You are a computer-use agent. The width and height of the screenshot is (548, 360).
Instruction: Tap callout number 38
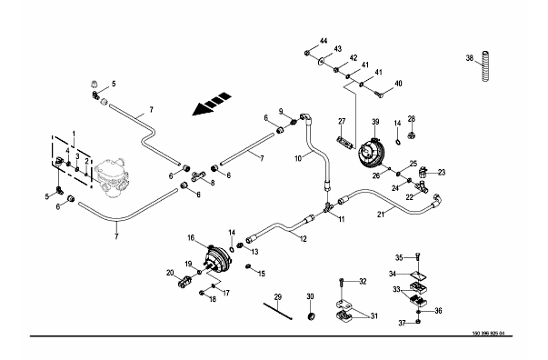[x=470, y=58]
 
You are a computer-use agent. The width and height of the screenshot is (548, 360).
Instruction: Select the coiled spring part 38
[x=485, y=66]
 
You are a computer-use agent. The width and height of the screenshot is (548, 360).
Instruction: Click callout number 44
[x=324, y=41]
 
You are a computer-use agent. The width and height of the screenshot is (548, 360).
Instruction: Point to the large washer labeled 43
[x=321, y=62]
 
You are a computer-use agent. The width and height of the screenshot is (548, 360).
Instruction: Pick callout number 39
[x=375, y=122]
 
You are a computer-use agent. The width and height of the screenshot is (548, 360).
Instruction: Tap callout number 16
[x=191, y=238]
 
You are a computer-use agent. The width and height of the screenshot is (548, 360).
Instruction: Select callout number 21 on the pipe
[x=381, y=215]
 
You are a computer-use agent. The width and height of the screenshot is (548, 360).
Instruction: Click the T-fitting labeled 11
[x=328, y=208]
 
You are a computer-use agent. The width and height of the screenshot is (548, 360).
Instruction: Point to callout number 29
[x=278, y=297]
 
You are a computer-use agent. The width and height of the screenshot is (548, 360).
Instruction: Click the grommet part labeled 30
[x=312, y=316]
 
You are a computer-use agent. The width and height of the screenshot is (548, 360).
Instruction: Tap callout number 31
[x=374, y=316]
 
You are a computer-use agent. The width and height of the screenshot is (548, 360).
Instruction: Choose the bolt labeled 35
[x=418, y=257]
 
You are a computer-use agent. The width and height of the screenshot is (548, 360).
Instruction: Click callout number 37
[x=402, y=324]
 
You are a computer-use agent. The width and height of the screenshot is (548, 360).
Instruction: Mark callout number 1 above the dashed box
[x=74, y=134]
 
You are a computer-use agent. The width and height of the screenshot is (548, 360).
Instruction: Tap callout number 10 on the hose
[x=298, y=159]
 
